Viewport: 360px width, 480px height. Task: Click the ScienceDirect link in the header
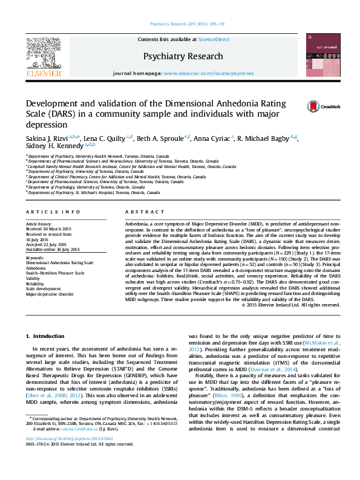pyautogui.click(x=214, y=39)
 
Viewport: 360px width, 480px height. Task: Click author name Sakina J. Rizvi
pyautogui.click(x=46, y=138)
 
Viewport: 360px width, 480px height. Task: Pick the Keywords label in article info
pyautogui.click(x=34, y=258)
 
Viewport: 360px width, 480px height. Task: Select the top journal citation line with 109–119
pyautogui.click(x=180, y=24)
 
